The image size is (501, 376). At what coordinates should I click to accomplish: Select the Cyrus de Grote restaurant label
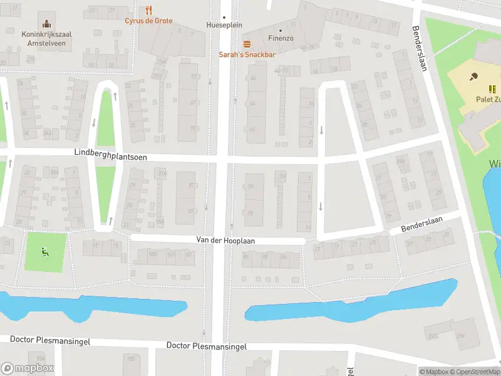pos(148,20)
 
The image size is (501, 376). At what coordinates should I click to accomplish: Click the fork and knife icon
pos(148,10)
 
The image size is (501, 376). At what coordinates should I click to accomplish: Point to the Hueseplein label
pos(224,25)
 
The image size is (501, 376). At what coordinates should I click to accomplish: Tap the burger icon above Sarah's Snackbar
pos(247,44)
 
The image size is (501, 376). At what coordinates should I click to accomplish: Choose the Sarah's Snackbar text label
pos(247,55)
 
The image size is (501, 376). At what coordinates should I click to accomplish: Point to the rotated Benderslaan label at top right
pos(419,48)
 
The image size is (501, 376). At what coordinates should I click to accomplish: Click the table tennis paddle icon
pos(473,77)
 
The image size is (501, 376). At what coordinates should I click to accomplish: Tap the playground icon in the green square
pos(44,252)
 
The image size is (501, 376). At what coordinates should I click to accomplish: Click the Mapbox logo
pos(28,368)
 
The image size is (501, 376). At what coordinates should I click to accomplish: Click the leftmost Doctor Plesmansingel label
pos(50,340)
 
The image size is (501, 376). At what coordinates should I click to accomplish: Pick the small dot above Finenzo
pos(280,30)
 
